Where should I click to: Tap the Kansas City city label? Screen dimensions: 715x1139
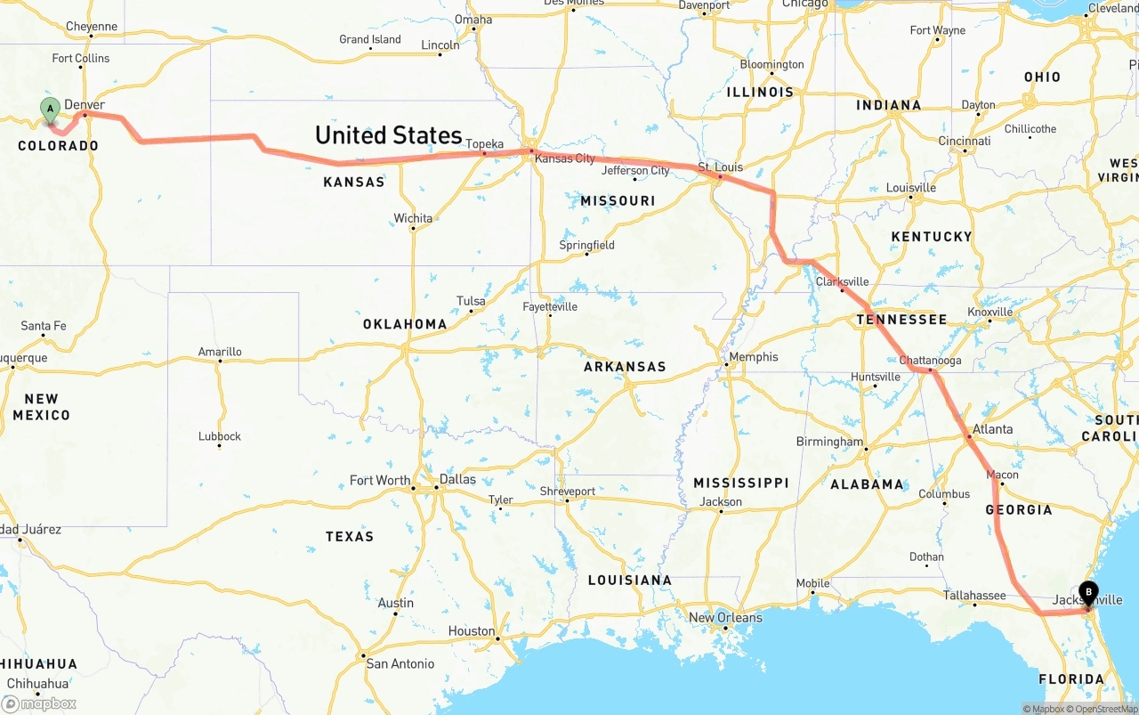pos(565,158)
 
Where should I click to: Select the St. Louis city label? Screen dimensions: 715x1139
pos(720,167)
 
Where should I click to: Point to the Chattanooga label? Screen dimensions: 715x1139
pos(930,361)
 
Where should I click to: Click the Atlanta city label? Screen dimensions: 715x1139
pos(992,429)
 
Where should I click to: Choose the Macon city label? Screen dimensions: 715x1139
pos(1003,475)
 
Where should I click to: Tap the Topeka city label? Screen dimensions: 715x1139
pos(485,144)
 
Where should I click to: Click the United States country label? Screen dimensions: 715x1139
pos(389,135)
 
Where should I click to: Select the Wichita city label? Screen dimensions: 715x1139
pos(413,218)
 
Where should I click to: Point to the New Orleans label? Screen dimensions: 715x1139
pos(725,618)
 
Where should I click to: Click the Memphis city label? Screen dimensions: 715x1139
pos(753,357)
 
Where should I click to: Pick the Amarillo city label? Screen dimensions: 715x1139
pos(220,352)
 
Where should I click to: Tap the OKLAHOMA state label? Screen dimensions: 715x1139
pos(405,324)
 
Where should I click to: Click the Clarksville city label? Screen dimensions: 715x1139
pos(842,281)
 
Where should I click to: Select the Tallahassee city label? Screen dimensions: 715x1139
pos(974,596)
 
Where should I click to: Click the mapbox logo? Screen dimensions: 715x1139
pos(40,703)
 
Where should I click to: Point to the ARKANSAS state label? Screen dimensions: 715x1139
pos(625,367)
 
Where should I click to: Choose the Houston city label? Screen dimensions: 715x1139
pos(472,631)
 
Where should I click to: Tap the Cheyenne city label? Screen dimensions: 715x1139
pos(92,27)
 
